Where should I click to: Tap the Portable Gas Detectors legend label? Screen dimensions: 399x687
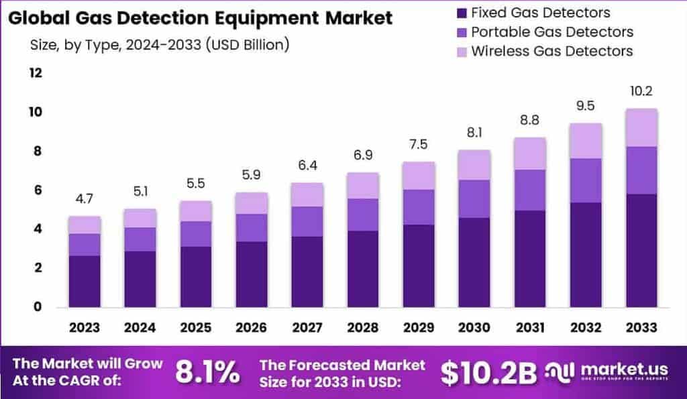click(x=552, y=32)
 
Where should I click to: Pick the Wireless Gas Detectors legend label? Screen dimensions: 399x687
click(x=552, y=51)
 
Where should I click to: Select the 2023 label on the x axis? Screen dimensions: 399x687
click(x=84, y=328)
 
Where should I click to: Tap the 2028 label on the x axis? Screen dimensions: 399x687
click(x=362, y=328)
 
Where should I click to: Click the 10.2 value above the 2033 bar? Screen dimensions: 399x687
click(x=641, y=92)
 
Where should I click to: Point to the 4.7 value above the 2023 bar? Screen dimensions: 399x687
click(x=84, y=200)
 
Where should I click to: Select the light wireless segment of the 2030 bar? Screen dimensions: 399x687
click(x=474, y=164)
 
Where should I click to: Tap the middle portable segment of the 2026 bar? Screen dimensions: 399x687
click(x=251, y=227)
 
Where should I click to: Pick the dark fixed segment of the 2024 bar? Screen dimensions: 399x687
click(x=140, y=279)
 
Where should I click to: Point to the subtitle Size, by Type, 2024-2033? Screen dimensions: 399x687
click(x=160, y=46)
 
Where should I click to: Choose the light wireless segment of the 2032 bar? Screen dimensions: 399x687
click(x=585, y=141)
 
